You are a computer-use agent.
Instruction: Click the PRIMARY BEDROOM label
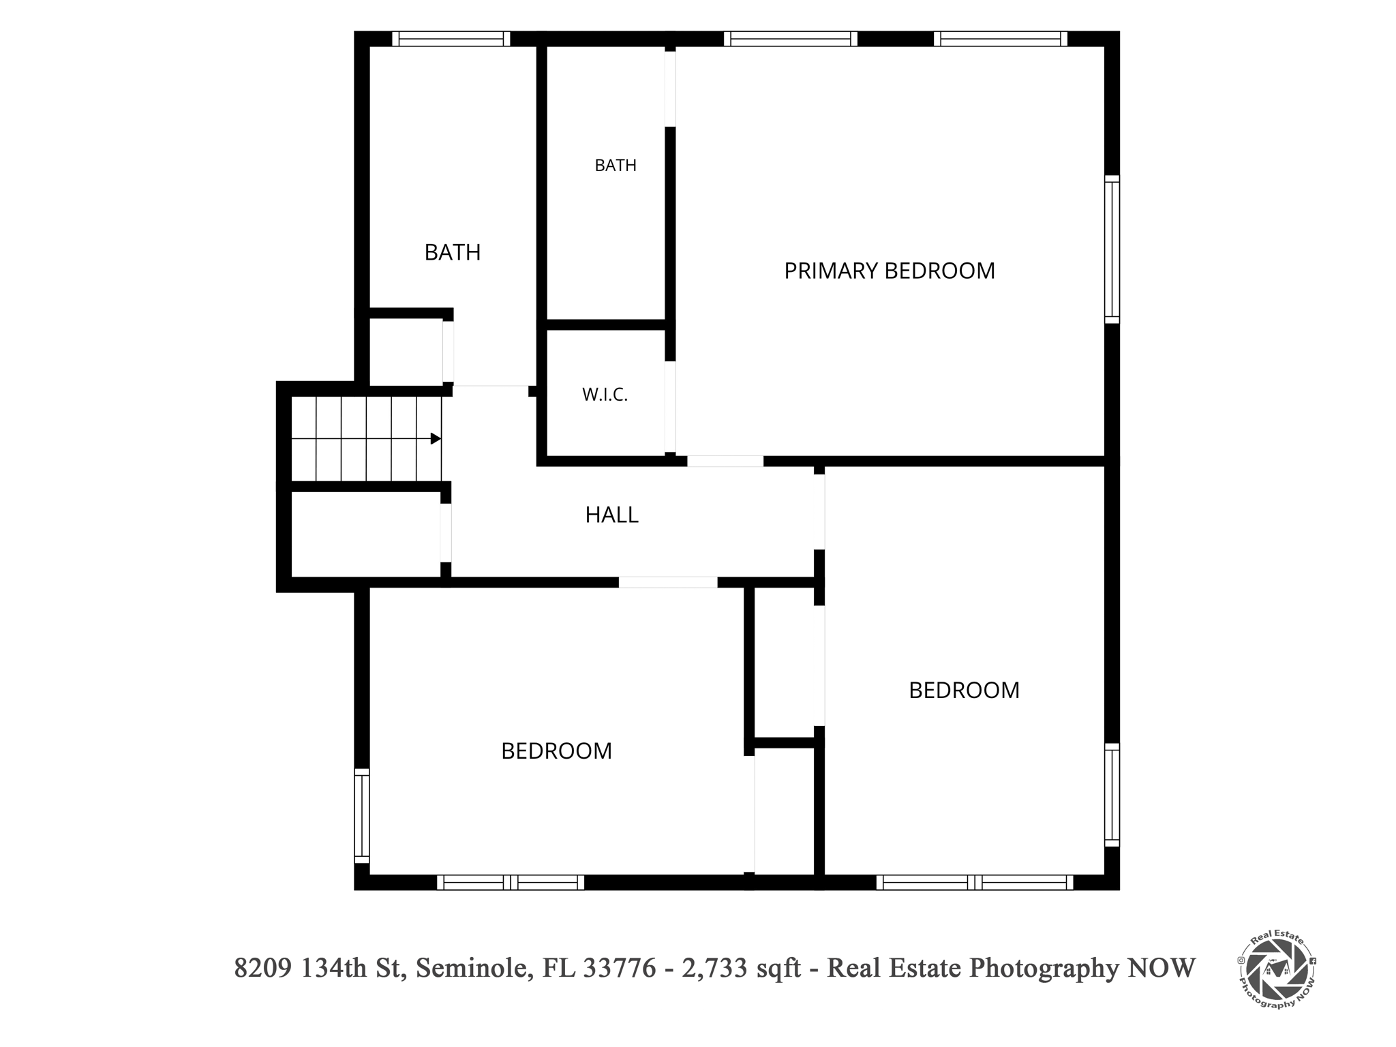[889, 271]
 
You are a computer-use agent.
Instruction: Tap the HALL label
[611, 515]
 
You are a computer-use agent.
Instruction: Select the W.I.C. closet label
[605, 395]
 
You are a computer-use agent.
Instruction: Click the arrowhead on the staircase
[436, 438]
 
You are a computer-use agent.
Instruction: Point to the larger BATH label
[453, 252]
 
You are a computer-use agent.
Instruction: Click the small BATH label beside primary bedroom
[616, 165]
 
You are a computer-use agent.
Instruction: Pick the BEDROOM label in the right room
[964, 690]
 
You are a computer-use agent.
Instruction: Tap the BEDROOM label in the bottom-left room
[556, 750]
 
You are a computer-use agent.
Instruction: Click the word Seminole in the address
[474, 967]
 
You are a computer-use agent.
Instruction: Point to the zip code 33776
[620, 967]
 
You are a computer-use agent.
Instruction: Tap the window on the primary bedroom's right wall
[1112, 249]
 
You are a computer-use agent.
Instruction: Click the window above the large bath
[451, 39]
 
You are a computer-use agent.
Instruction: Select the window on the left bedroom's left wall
[362, 816]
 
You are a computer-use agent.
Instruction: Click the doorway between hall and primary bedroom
[725, 461]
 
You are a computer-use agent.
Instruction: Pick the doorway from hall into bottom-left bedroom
[668, 582]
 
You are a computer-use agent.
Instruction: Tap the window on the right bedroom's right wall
[1112, 795]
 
